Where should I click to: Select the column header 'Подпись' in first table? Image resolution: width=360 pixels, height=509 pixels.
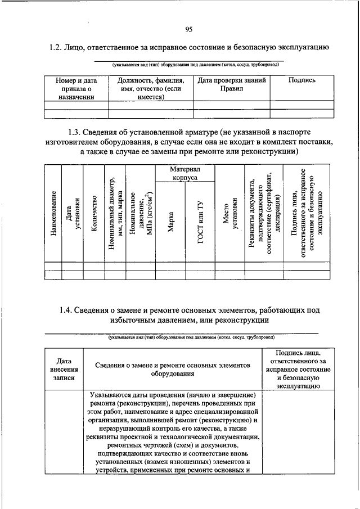301,80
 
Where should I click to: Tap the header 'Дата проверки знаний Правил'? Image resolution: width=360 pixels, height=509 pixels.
232,84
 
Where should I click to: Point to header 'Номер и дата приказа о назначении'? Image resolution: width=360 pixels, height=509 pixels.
76,89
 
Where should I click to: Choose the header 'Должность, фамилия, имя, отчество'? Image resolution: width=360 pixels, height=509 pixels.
151,89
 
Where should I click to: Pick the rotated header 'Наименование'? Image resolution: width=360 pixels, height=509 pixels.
53,214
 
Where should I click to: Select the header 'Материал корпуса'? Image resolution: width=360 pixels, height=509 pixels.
184,173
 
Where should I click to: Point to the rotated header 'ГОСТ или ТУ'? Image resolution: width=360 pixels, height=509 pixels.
200,222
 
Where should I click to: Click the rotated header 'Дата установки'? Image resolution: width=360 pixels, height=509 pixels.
73,214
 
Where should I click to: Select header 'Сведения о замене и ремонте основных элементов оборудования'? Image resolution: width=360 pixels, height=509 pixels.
172,370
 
